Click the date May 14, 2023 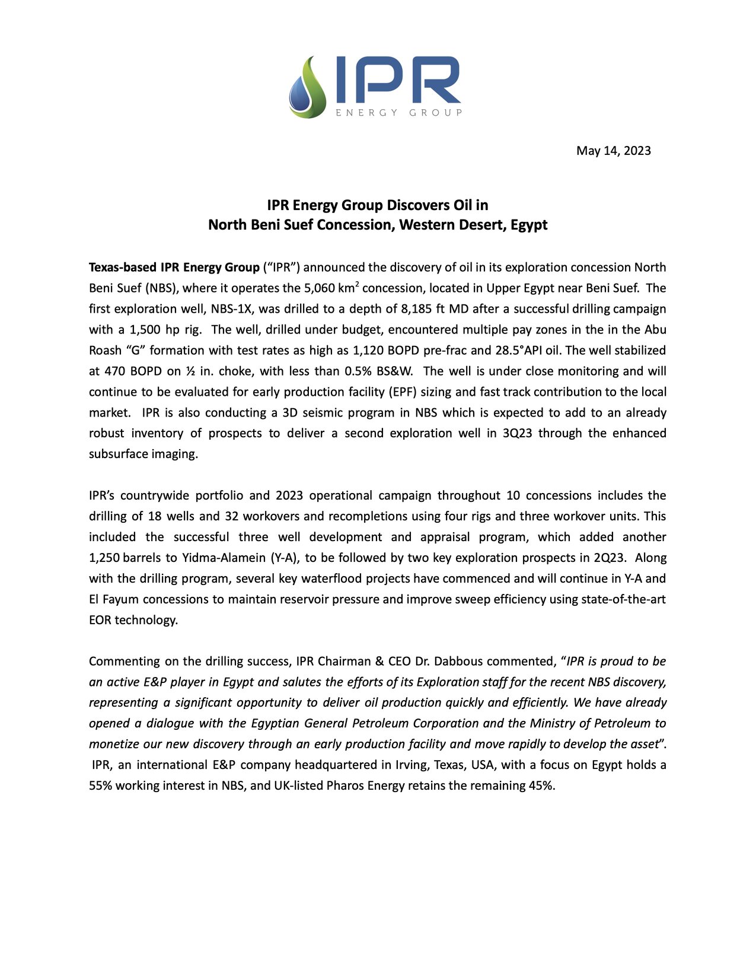(x=613, y=151)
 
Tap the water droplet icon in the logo (x=301, y=94)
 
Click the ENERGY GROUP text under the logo (x=398, y=113)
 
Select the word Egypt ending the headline (x=529, y=225)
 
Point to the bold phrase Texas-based (x=122, y=268)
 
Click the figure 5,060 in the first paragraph (x=320, y=288)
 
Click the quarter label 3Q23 (x=517, y=434)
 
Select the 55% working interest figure (x=101, y=786)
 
